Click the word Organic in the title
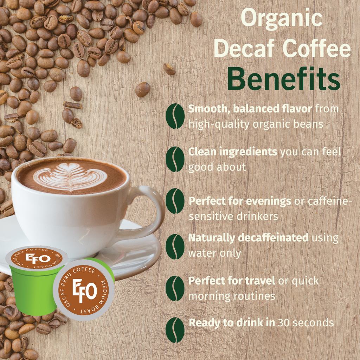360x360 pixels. coord(282,18)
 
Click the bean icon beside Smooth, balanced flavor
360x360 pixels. coord(175,116)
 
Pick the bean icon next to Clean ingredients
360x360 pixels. coord(175,159)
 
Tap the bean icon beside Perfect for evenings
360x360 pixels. coord(175,201)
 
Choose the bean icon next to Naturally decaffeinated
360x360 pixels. coord(175,246)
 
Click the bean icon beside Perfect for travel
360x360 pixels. coord(175,288)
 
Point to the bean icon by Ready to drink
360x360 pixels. coord(175,330)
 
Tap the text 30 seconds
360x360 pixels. coord(306,323)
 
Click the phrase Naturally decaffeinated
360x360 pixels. coord(248,238)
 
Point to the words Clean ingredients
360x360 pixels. coord(233,152)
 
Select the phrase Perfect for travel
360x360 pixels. coord(232,281)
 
